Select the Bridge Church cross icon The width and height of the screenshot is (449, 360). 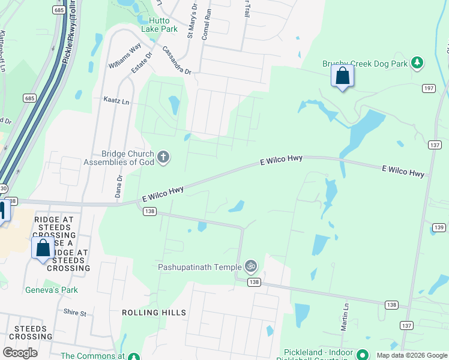[163, 158]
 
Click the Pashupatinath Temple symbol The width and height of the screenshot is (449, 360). [251, 266]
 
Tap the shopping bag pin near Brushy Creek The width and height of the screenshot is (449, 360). [342, 76]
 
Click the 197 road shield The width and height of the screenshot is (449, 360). [428, 88]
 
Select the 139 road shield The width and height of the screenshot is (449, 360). [439, 227]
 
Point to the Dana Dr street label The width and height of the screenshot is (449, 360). [119, 187]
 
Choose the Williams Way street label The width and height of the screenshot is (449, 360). [125, 55]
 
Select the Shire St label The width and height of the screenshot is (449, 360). [75, 313]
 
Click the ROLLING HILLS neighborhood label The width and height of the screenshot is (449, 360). [154, 313]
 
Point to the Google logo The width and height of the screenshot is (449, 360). [20, 352]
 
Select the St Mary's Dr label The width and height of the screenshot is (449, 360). [192, 22]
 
